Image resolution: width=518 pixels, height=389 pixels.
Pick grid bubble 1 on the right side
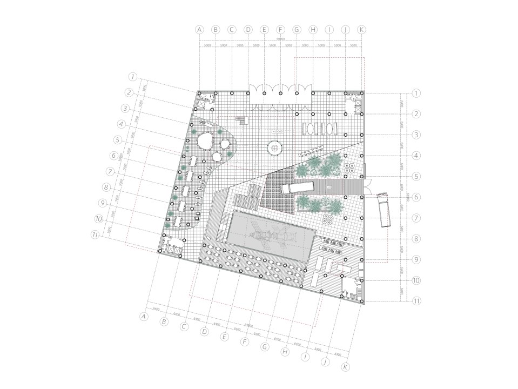coord(416,93)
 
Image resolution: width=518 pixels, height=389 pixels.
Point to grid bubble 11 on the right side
coord(416,300)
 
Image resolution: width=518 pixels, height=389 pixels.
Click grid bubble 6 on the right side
coord(416,197)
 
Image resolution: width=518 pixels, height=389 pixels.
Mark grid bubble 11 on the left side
coord(96,236)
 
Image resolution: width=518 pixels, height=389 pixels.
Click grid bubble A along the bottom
coord(144,317)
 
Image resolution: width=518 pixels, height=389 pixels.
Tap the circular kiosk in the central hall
coord(274,147)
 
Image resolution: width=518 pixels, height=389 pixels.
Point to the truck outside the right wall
coord(385,209)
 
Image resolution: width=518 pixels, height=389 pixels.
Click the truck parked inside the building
coord(298,187)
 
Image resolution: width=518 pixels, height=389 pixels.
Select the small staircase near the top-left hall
coord(240,120)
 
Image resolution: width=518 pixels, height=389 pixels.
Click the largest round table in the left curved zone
coord(204,142)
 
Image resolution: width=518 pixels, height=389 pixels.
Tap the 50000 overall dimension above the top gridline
coord(280,39)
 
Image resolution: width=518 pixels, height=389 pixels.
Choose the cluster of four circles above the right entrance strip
coord(348,169)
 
